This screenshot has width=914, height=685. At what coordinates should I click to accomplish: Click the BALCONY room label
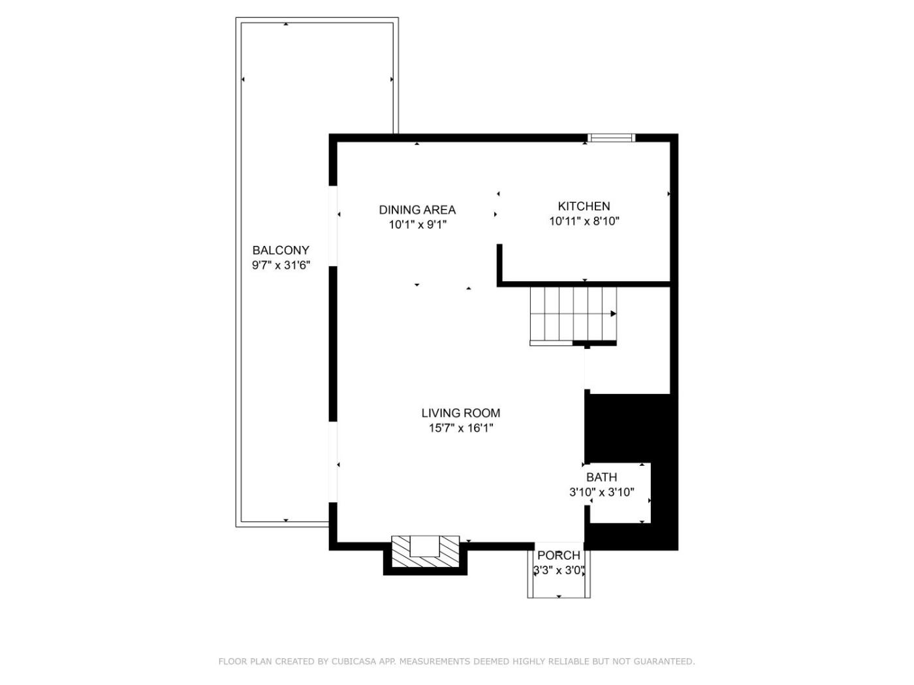pos(281,251)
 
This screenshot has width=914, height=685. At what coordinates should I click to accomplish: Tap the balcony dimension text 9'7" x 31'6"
pos(281,266)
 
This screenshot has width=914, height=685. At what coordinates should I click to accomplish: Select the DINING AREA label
pos(417,210)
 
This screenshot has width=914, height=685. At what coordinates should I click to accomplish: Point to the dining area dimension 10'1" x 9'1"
pos(418,225)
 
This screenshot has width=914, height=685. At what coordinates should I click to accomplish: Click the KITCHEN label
pos(584,206)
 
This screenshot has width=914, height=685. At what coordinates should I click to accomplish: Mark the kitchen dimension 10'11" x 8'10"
pos(584,221)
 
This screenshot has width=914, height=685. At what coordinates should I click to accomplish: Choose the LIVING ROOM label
pos(460,413)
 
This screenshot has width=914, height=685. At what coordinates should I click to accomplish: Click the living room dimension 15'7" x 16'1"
pos(461,428)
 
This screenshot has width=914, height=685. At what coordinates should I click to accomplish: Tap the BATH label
pos(602,477)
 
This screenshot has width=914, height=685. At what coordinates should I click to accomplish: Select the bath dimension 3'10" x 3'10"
pos(602,493)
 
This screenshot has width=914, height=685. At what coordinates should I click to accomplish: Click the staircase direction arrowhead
pos(613,314)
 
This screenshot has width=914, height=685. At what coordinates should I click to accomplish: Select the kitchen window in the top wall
pos(611,138)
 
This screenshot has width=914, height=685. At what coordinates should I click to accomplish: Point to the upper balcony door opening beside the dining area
pos(333,226)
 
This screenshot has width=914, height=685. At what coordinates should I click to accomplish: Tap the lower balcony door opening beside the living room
pos(333,462)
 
